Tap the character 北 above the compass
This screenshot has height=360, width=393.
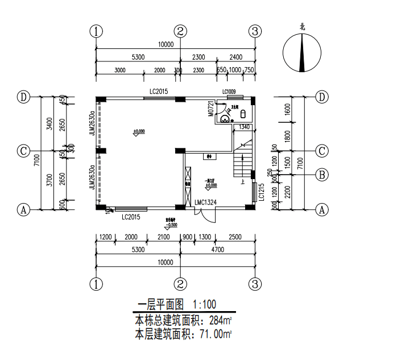303,26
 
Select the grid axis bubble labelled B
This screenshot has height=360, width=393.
322,175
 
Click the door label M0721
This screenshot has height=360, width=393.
210,109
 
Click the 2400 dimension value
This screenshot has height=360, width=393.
236,57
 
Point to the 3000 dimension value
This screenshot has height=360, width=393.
119,70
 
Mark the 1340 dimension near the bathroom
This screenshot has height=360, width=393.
244,127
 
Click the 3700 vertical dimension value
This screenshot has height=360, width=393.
50,180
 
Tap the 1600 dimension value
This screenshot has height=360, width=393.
288,109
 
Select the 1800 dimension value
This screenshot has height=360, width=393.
288,136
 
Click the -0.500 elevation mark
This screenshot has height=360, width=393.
170,225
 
